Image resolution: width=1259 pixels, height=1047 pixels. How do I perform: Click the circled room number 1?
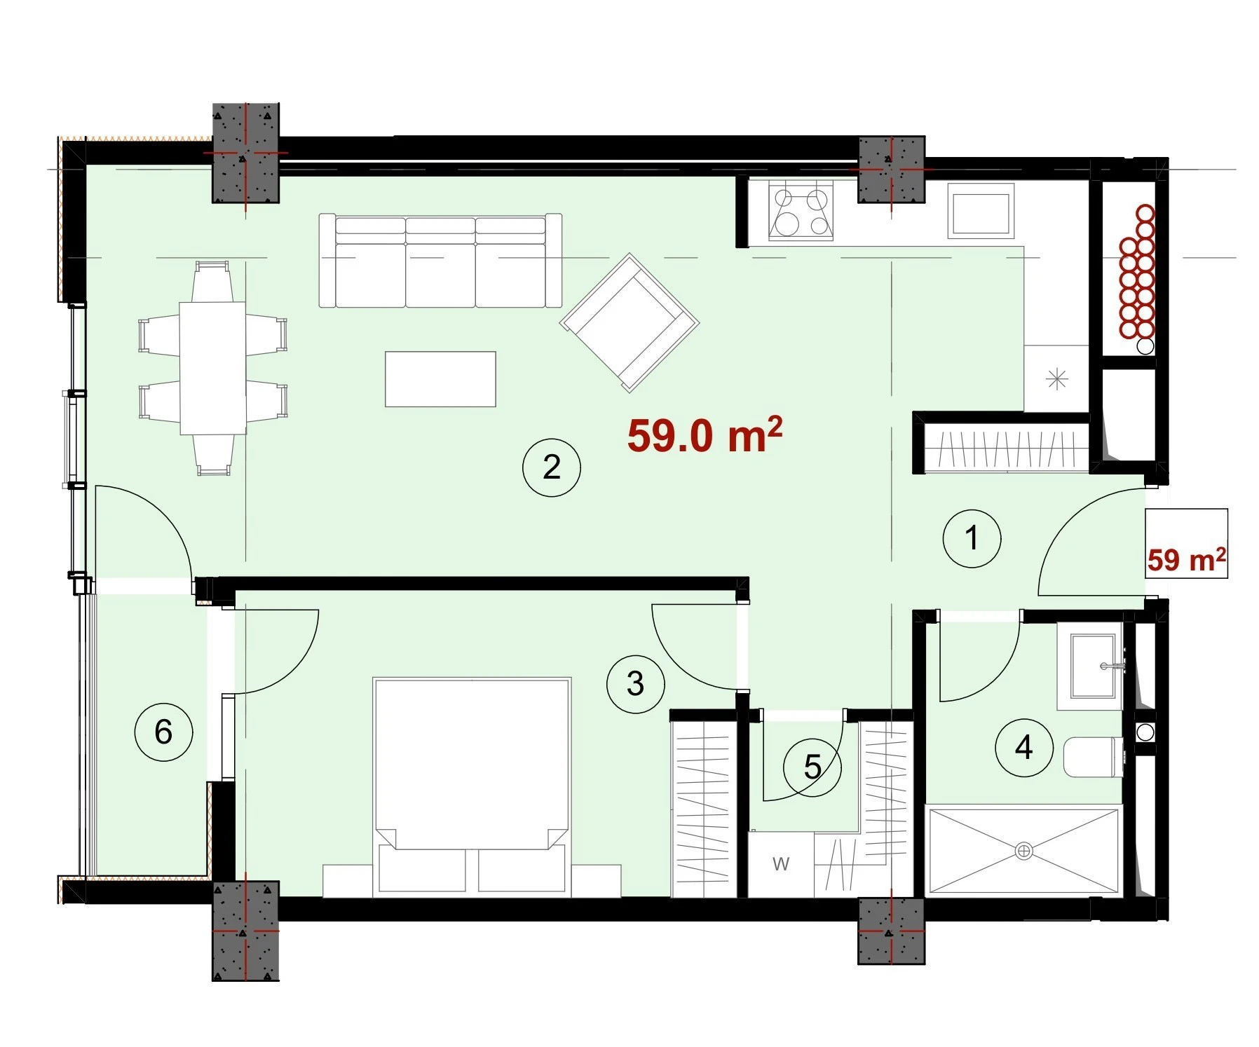click(972, 538)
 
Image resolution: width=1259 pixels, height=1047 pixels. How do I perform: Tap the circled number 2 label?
click(552, 467)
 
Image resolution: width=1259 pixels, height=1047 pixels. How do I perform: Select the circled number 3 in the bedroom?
click(636, 684)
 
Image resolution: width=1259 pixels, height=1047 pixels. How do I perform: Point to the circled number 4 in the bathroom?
click(1024, 748)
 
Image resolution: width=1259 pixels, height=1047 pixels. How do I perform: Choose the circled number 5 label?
click(812, 767)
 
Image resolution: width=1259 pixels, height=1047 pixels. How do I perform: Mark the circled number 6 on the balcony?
click(163, 732)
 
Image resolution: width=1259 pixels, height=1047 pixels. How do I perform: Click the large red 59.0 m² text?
click(705, 434)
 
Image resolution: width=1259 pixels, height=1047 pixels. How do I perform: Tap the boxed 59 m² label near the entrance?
click(1186, 559)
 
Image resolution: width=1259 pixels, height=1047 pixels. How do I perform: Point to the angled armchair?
click(629, 322)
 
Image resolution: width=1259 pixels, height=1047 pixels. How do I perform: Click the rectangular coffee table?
click(440, 379)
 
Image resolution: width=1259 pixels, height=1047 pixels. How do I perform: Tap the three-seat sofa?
click(440, 261)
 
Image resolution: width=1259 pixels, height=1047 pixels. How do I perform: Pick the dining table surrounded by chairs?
click(212, 368)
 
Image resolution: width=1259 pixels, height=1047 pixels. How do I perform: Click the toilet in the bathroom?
click(1094, 757)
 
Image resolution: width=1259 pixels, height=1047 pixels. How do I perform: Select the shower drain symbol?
click(1023, 851)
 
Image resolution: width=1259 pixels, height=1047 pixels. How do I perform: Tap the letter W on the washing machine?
click(781, 864)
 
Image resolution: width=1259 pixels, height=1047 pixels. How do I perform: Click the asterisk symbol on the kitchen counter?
click(1056, 379)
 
